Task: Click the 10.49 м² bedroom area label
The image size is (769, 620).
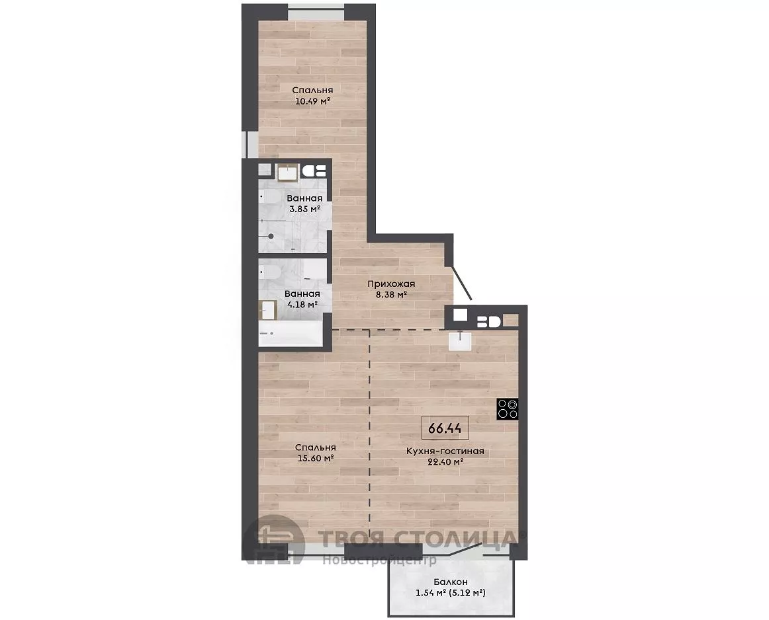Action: pos(312,101)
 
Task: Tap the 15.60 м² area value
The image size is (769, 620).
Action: pos(316,458)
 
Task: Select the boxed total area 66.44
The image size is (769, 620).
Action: pos(445,428)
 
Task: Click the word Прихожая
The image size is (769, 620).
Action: pos(391,284)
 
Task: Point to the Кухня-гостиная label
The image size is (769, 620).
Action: pos(445,451)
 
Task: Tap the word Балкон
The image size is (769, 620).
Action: pos(450,582)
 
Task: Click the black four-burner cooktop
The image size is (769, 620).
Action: pos(508,409)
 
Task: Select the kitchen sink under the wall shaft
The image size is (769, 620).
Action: pos(460,341)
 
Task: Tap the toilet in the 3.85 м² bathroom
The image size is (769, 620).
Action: pos(270,198)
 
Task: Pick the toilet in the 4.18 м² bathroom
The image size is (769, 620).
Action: pos(270,272)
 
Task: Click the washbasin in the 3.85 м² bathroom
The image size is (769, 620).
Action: pos(287,173)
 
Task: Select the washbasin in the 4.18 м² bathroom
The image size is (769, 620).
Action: pos(268,310)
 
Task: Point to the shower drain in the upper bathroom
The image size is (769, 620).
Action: pos(271,236)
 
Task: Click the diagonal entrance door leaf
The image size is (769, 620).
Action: pos(461,283)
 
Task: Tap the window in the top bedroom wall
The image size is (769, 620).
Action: pos(316,13)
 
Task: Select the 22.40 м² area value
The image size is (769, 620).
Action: pos(445,461)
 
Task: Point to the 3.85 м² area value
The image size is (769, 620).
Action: pos(304,209)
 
